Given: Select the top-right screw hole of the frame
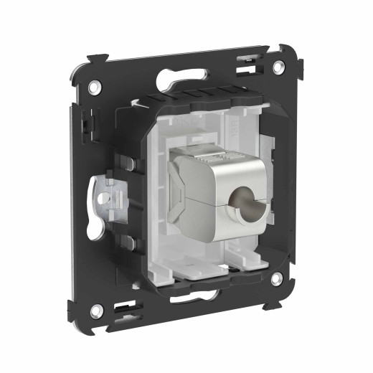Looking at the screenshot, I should click(x=278, y=67).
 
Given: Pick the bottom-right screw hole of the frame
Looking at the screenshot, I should click(x=276, y=280).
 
